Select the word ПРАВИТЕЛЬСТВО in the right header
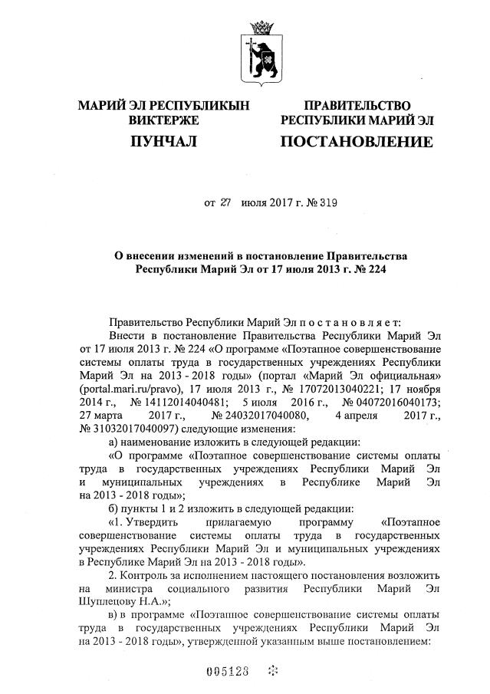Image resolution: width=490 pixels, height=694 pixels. click(x=357, y=106)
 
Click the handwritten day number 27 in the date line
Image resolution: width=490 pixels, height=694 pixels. click(x=225, y=203)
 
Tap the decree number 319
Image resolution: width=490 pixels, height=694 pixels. click(x=326, y=203)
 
